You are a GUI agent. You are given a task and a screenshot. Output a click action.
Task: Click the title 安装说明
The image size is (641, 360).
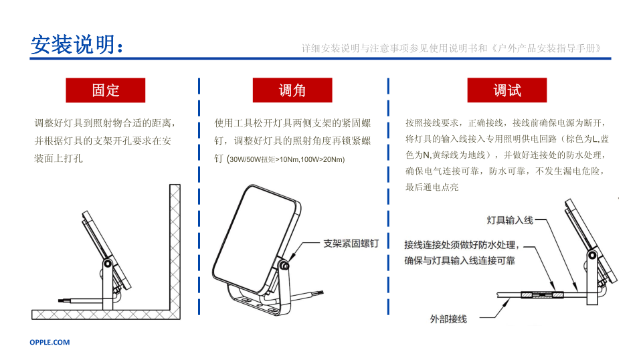pyautogui.click(x=73, y=44)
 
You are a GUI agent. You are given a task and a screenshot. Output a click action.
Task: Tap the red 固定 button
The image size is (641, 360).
pyautogui.click(x=106, y=90)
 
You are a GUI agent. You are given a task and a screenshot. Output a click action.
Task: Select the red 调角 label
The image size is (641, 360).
pyautogui.click(x=292, y=90)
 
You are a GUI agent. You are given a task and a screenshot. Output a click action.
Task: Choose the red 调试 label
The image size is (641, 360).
pyautogui.click(x=507, y=90)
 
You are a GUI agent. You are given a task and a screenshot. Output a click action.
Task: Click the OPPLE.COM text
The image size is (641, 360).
pyautogui.click(x=50, y=343)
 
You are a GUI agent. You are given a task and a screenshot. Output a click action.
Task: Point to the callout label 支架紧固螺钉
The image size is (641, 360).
pyautogui.click(x=351, y=244)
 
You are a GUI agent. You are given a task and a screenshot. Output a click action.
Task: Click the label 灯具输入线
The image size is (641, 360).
pyautogui.click(x=510, y=221)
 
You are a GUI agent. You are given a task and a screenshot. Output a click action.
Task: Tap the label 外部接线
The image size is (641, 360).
pyautogui.click(x=448, y=319)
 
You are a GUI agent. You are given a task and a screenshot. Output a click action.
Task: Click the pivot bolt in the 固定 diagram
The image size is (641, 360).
pyautogui.click(x=108, y=264)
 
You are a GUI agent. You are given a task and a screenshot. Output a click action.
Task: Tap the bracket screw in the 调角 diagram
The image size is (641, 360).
pyautogui.click(x=283, y=266)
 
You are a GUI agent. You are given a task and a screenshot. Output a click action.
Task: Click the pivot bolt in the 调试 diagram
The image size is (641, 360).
pyautogui.click(x=592, y=256)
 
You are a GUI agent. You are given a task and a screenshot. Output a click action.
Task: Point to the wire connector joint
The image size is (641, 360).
pyautogui.click(x=542, y=294)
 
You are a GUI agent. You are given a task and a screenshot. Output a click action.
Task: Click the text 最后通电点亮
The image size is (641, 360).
pyautogui.click(x=432, y=187)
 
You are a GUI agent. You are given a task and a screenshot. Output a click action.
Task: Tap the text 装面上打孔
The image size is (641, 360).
pyautogui.click(x=58, y=159)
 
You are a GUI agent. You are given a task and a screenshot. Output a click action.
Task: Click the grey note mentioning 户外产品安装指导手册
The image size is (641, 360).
pyautogui.click(x=452, y=49)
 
